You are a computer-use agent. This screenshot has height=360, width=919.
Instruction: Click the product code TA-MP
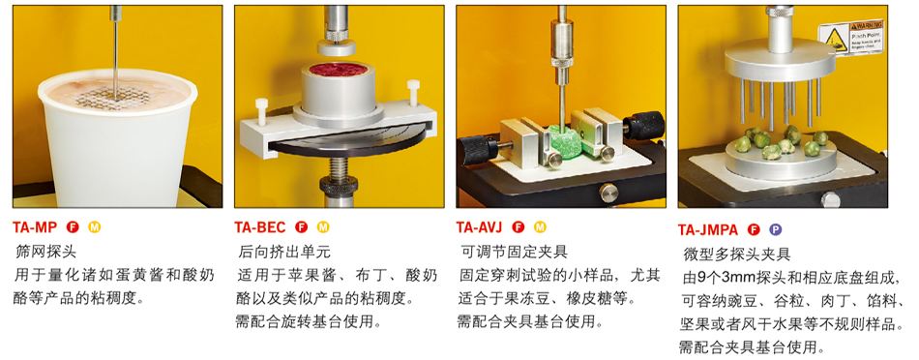click(35, 227)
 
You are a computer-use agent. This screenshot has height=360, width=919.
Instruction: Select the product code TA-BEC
click(260, 227)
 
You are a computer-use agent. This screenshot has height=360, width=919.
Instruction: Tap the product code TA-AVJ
click(480, 226)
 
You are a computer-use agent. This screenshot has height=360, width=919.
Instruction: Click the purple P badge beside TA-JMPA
click(775, 229)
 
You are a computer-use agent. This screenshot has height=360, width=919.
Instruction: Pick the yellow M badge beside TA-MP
click(94, 227)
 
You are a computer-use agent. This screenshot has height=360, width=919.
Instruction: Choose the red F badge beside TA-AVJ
click(519, 226)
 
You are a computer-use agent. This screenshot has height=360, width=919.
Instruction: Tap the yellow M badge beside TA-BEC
click(323, 227)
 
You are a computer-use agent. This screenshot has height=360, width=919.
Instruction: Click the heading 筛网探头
click(45, 253)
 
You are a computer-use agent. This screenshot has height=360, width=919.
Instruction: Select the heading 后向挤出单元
click(284, 253)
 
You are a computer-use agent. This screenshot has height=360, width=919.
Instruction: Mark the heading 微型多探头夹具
click(737, 255)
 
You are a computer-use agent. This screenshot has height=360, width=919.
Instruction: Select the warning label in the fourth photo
click(850, 37)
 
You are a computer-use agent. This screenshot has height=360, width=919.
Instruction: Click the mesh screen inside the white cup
click(117, 95)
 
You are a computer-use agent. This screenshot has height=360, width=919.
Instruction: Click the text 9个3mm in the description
click(726, 276)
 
